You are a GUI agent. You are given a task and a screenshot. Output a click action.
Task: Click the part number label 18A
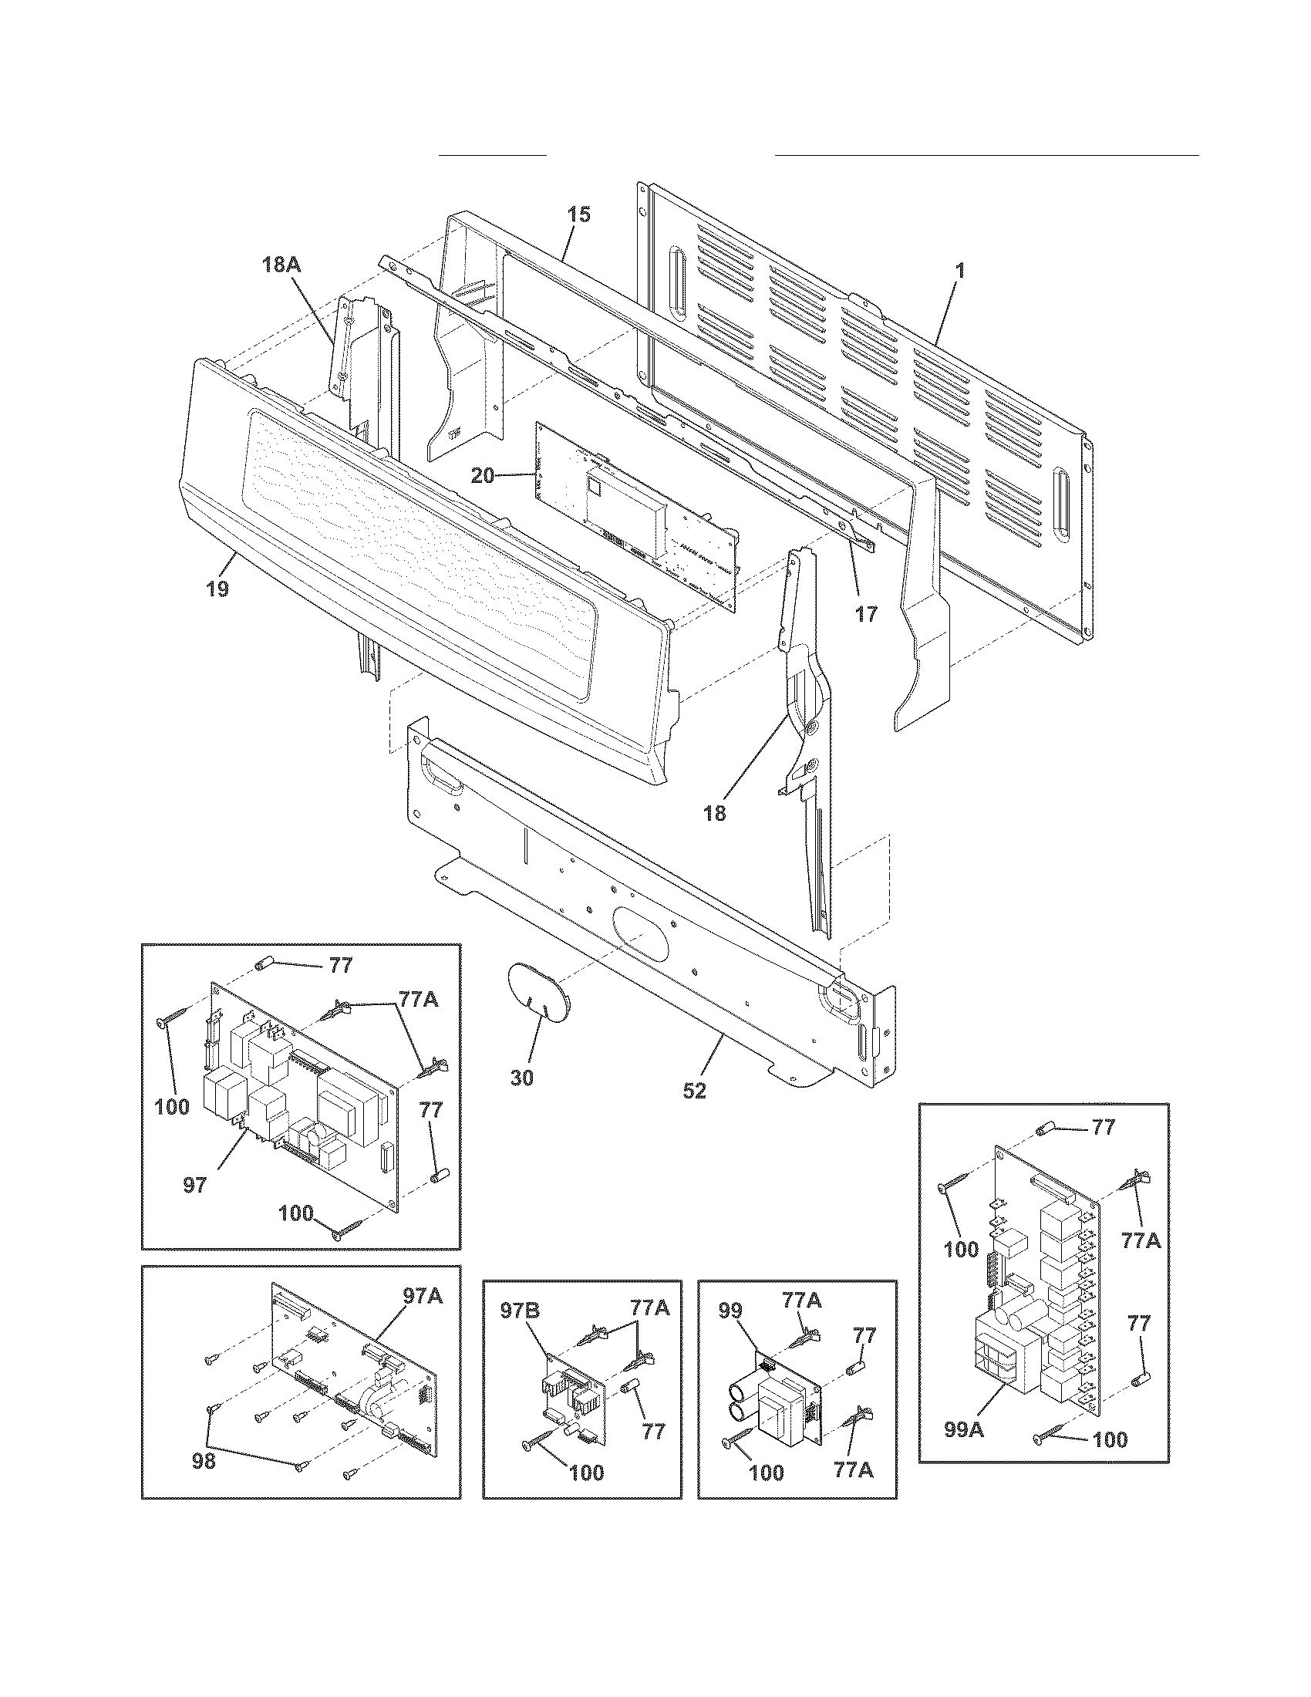coord(281,265)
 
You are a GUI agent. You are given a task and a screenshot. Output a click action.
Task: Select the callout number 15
coord(578,214)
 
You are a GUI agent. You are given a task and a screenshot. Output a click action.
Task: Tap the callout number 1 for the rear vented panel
coord(960,272)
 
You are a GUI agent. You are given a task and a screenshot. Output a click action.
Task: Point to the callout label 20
coord(482,475)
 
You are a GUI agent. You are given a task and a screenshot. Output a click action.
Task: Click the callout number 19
coord(217,589)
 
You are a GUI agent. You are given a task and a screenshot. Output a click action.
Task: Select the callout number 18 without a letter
coord(715,814)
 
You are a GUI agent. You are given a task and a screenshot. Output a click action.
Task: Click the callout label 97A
coord(423,1295)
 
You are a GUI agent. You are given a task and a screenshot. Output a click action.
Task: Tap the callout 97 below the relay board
coord(194,1185)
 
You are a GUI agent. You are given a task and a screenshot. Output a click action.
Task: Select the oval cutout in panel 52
coord(640,933)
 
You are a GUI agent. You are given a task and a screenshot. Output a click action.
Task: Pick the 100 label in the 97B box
coord(586,1473)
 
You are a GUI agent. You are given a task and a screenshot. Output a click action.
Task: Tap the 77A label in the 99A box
coord(1140,1241)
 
